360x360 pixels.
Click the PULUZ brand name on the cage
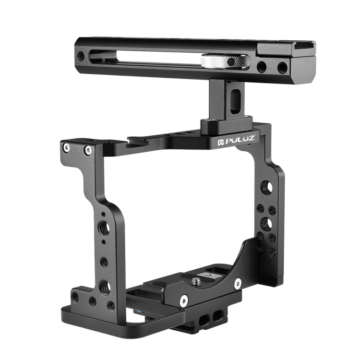(239, 139)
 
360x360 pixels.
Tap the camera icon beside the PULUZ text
(221, 142)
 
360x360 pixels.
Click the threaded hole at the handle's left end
(81, 56)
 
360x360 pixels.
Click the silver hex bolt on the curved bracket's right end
(237, 284)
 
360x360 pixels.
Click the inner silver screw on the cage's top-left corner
(88, 151)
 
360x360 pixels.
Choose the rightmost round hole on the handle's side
(282, 67)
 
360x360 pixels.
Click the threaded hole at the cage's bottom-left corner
(75, 296)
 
